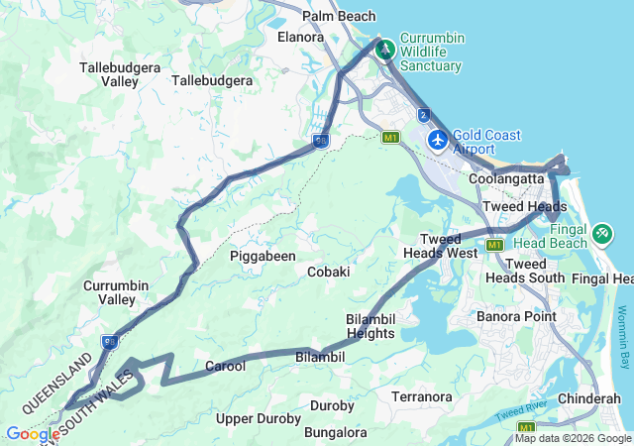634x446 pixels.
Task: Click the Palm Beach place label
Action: click(x=339, y=17)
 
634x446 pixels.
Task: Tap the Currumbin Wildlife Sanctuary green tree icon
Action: click(x=383, y=49)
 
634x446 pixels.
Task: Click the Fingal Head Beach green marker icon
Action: click(x=600, y=234)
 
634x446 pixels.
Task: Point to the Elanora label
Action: click(x=301, y=37)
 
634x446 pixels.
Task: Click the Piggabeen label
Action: click(x=263, y=256)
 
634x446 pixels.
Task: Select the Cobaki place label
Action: click(x=328, y=272)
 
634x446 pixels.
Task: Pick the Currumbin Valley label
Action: click(x=117, y=292)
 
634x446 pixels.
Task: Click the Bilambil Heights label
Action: click(x=370, y=326)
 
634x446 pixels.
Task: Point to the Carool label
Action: click(x=225, y=367)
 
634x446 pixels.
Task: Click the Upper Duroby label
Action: click(x=258, y=419)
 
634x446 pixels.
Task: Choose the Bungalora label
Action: click(x=335, y=433)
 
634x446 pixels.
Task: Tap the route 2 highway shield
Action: click(x=424, y=115)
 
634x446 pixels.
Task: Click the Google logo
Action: click(x=32, y=434)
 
